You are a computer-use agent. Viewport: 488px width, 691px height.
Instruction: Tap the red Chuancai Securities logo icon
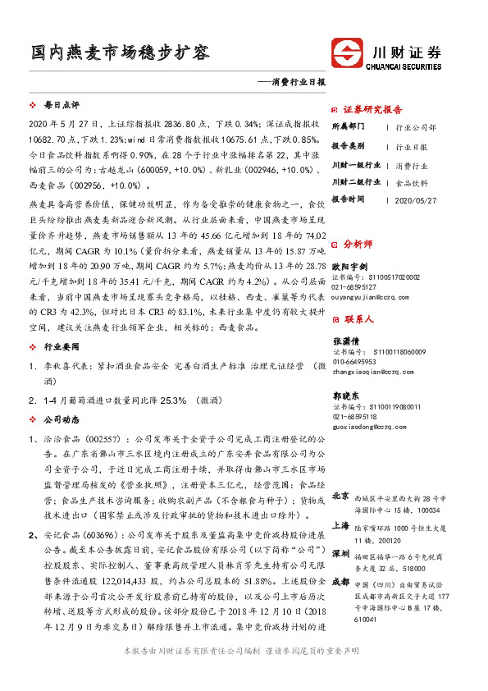coord(350,52)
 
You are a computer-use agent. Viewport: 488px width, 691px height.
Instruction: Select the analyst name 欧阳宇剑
coord(349,268)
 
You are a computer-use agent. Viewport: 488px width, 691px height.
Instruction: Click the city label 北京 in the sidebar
coord(340,496)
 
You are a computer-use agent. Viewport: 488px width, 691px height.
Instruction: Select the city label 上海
coord(340,525)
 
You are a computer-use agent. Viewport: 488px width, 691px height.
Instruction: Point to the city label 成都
coord(340,584)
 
